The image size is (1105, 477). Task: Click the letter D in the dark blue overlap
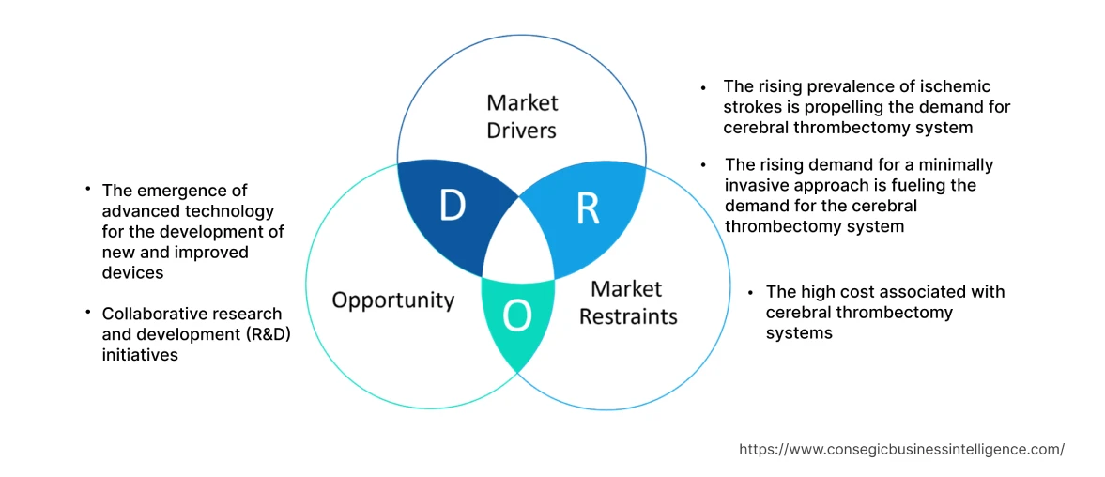pos(452,206)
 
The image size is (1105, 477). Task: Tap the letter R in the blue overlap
pos(588,209)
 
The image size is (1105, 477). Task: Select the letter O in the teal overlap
pos(516,318)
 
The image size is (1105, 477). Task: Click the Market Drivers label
pos(522,115)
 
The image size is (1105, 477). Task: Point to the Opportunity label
pos(392,300)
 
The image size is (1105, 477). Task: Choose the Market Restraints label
pos(627,302)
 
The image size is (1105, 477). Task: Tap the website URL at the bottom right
pos(901,449)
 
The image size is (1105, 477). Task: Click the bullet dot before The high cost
pos(751,293)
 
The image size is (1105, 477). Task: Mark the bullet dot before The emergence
pos(87,191)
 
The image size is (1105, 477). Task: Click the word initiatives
pos(140,356)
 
